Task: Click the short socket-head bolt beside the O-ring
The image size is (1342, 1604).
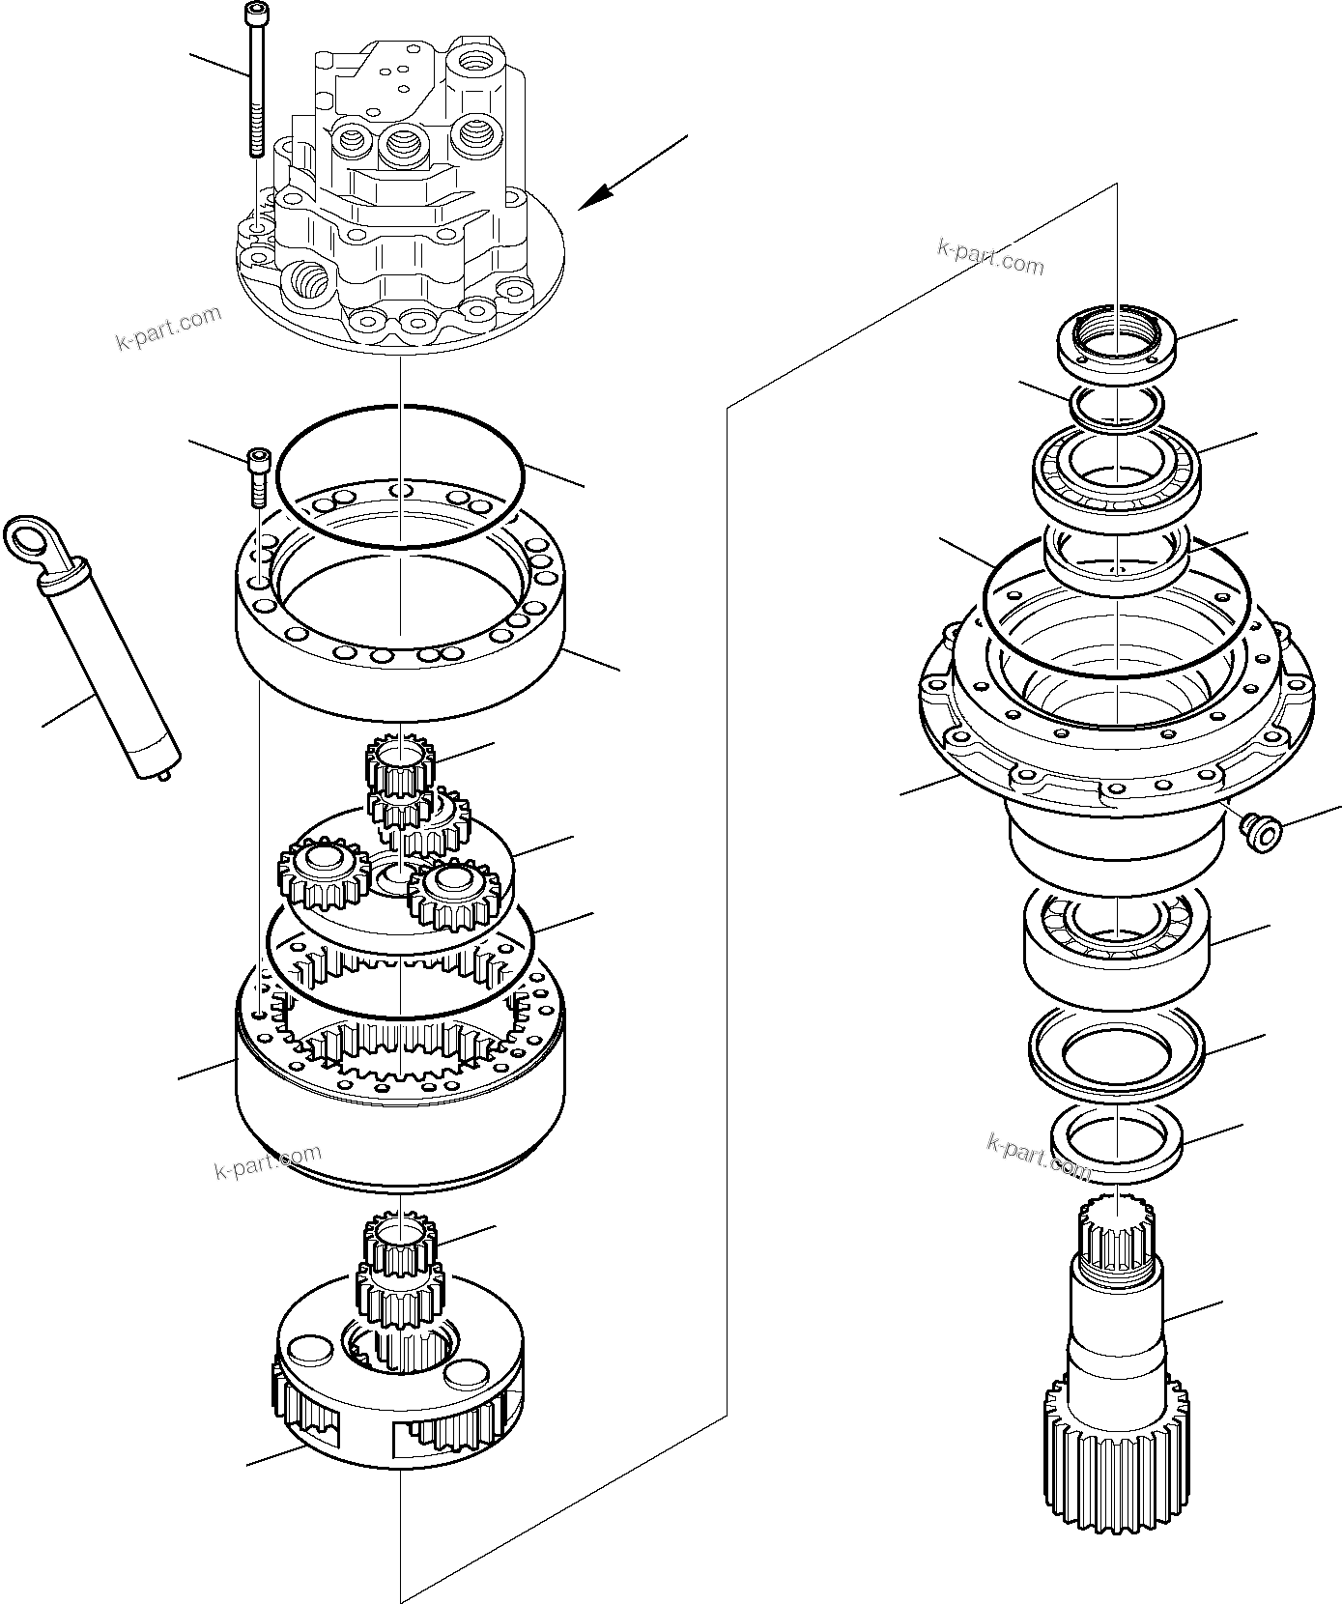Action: [258, 474]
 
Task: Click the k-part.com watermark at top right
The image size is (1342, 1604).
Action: [990, 255]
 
